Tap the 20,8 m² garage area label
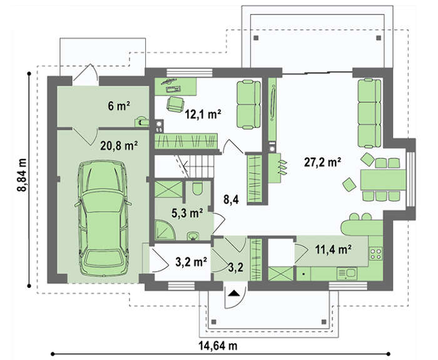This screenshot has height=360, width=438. point(119,146)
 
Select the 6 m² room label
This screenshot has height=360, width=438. point(119,106)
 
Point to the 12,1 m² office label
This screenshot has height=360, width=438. point(203,115)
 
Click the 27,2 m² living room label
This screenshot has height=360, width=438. point(322,162)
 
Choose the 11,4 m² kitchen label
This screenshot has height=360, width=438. point(333,249)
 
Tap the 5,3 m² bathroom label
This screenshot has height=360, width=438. point(187,213)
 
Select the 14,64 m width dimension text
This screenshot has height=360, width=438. point(218,346)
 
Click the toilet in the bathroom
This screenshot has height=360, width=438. point(197,188)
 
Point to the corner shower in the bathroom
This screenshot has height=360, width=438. point(164,230)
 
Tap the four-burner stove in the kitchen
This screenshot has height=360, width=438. point(375,253)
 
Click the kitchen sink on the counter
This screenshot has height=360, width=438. point(347,274)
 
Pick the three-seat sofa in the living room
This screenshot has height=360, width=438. point(369,113)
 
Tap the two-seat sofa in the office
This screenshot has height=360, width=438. point(248,105)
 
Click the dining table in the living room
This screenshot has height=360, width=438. point(383,180)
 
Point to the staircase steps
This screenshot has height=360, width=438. point(198,167)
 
